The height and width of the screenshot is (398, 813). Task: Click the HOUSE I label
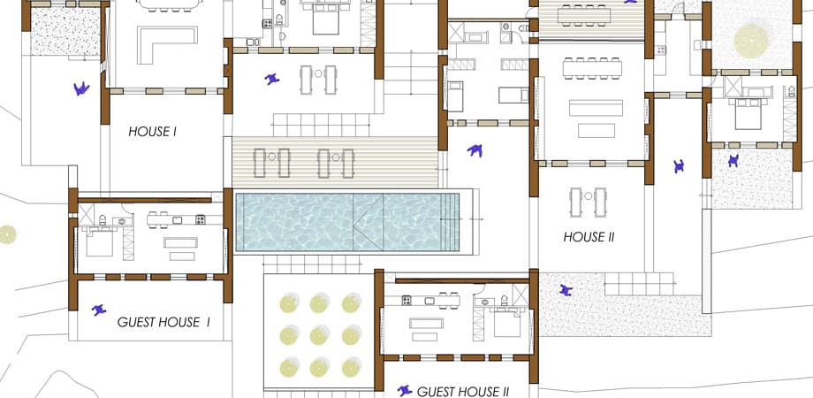(152, 132)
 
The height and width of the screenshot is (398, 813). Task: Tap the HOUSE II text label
(589, 238)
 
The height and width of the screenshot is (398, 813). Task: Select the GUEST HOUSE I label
(163, 322)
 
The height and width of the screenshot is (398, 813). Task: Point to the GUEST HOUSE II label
(463, 392)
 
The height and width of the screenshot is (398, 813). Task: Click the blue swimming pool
(347, 222)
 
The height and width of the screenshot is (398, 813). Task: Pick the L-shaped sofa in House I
(167, 44)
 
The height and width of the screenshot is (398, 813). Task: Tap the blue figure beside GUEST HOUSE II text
(405, 391)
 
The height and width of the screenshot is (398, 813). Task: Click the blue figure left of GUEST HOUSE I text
(98, 310)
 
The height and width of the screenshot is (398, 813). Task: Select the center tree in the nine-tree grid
(320, 335)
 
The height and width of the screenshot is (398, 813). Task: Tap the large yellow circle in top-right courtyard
(751, 41)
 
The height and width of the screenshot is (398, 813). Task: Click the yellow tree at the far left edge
(7, 234)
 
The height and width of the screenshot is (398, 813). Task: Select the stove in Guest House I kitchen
(201, 219)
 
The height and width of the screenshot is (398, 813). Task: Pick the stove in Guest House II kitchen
(406, 300)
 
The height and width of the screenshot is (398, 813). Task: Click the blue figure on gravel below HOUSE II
(566, 291)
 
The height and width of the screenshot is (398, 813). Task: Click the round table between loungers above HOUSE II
(588, 196)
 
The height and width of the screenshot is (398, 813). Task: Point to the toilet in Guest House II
(505, 300)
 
